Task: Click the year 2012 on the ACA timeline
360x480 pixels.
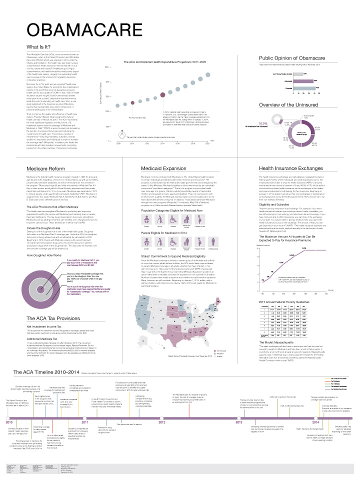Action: [161, 422]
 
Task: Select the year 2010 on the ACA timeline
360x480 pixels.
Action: [9, 422]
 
